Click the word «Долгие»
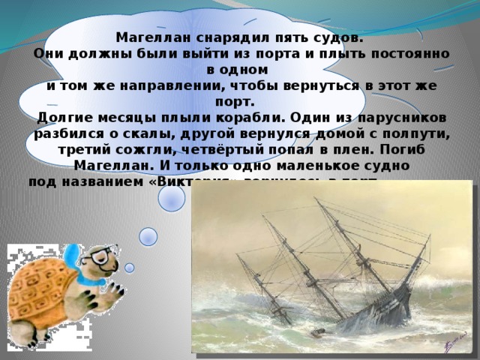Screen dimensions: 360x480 (x=67, y=118)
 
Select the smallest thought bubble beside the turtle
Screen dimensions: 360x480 (x=129, y=268)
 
